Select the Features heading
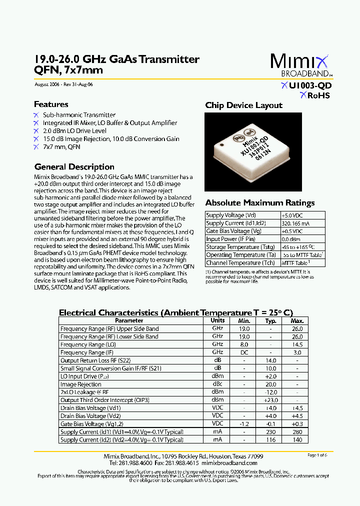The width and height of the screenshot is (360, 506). pos(51,104)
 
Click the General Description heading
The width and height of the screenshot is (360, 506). pos(74,167)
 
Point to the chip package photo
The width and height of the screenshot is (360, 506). pos(253,151)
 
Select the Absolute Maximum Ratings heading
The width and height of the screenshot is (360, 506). pos(260,203)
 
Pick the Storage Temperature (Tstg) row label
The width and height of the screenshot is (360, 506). pos(240,247)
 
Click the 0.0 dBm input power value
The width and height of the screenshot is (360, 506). pos(291,239)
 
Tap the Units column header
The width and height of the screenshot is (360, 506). pos(217,320)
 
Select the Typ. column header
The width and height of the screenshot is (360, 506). pos(270,320)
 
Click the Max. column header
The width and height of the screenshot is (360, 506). pos(297,320)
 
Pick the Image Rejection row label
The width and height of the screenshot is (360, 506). pos(81,384)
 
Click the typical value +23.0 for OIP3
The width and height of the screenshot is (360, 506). pos(270,400)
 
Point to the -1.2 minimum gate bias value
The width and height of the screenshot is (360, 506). pos(244,424)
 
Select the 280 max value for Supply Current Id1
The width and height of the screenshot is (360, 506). pos(297,432)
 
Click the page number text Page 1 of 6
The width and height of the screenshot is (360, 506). pos(317,455)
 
